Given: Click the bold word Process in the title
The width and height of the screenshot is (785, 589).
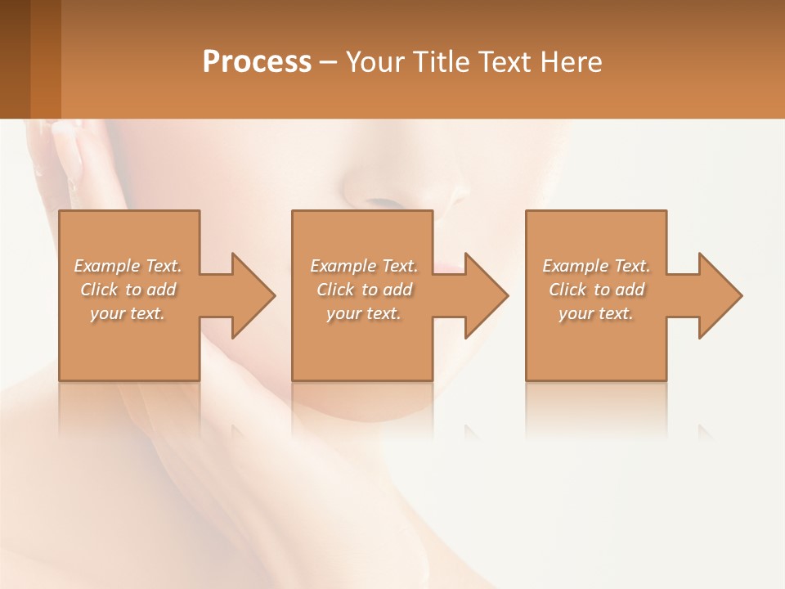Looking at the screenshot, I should tap(257, 62).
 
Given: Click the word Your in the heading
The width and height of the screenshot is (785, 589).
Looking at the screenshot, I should tap(373, 62).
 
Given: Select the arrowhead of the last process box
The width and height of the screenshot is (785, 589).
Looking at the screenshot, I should tap(719, 295).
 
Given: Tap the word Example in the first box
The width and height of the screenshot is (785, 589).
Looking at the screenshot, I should tap(107, 266).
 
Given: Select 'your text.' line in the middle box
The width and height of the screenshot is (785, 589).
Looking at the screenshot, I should tap(363, 313).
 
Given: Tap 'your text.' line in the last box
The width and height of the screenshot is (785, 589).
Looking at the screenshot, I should tap(595, 313).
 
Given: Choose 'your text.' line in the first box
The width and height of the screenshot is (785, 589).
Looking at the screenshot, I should tap(128, 313).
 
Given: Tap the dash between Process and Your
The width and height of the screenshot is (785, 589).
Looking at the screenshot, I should tap(329, 62).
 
